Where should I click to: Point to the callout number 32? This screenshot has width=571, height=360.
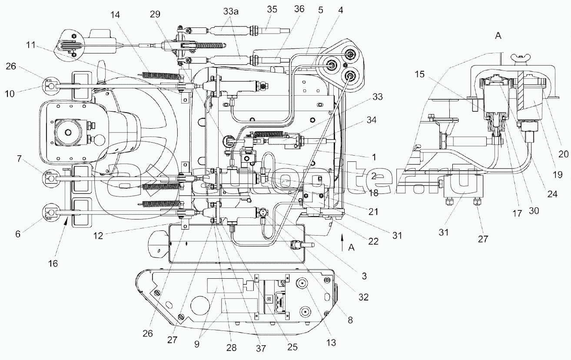pyautogui.click(x=364, y=297)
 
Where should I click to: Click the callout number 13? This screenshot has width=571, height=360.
pyautogui.click(x=332, y=343)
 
